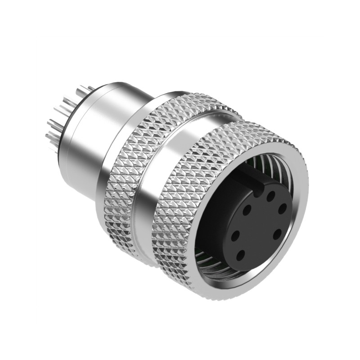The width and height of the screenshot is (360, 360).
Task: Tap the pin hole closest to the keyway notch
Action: pyautogui.click(x=271, y=196)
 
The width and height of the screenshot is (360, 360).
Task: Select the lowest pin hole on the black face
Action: pyautogui.click(x=241, y=255)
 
